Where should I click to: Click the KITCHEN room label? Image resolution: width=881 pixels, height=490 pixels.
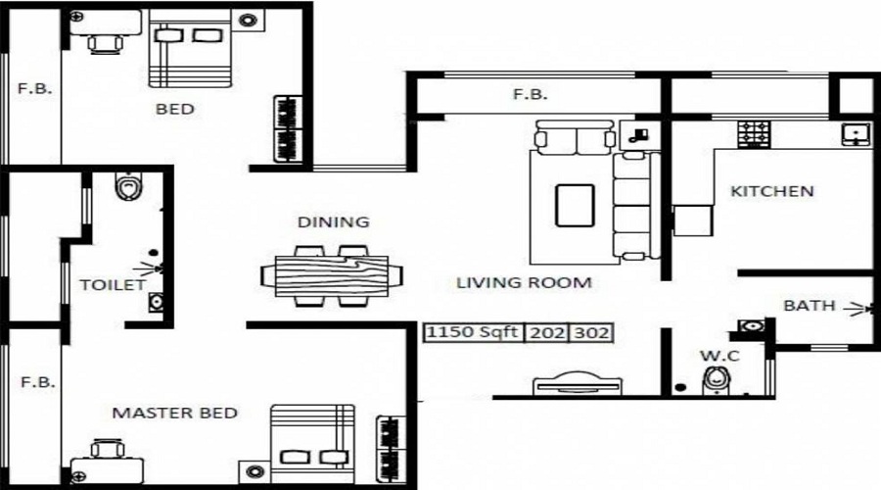[771, 191]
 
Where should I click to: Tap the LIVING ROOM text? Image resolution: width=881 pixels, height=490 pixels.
[524, 283]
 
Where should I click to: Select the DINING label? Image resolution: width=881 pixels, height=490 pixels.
[334, 222]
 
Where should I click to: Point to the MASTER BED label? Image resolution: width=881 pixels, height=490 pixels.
[174, 413]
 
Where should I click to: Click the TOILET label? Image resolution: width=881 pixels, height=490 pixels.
[112, 285]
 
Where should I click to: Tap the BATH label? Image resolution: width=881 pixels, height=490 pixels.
[809, 306]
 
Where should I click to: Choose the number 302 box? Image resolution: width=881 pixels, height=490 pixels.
[591, 332]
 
